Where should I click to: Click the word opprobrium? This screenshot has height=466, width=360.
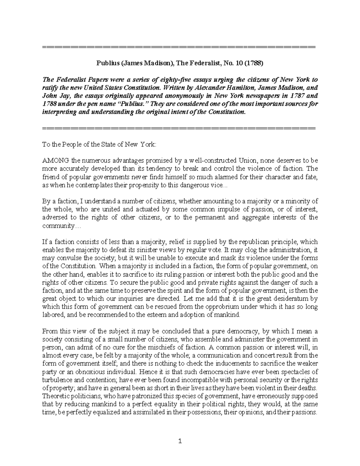tap(237, 307)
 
